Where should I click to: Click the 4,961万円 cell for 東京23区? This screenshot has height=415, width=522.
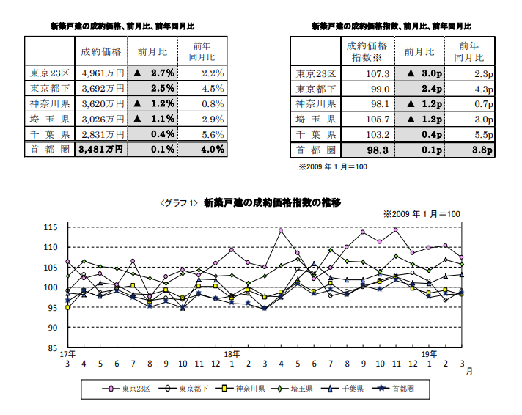click(x=102, y=73)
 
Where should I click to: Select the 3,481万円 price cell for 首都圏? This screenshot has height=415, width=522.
click(x=102, y=149)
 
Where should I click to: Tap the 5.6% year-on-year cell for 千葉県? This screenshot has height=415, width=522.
click(x=203, y=133)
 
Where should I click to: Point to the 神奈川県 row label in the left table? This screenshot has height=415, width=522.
click(x=51, y=103)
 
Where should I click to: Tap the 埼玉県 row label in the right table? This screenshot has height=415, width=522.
click(x=316, y=119)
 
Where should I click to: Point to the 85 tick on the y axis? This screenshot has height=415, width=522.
click(x=53, y=348)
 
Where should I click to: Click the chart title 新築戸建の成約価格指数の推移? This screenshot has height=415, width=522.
click(x=272, y=201)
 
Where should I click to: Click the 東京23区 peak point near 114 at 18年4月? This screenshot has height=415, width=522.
click(x=281, y=230)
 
